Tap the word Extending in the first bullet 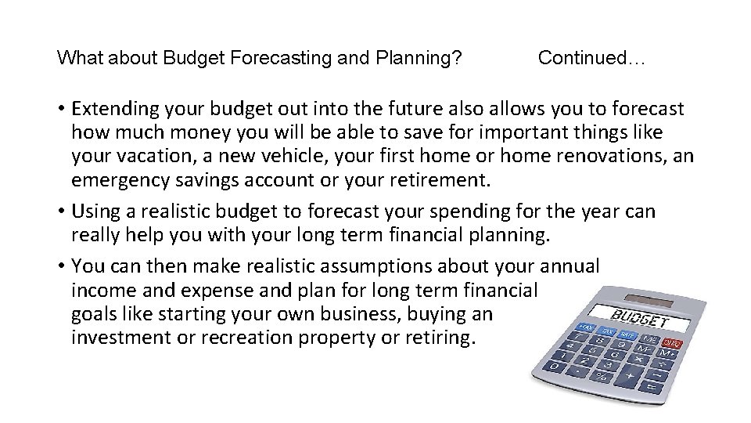pyautogui.click(x=116, y=108)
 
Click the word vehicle pyautogui.click(x=280, y=157)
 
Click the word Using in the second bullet pyautogui.click(x=93, y=212)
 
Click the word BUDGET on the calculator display pyautogui.click(x=639, y=320)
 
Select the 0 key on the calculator pyautogui.click(x=554, y=366)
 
